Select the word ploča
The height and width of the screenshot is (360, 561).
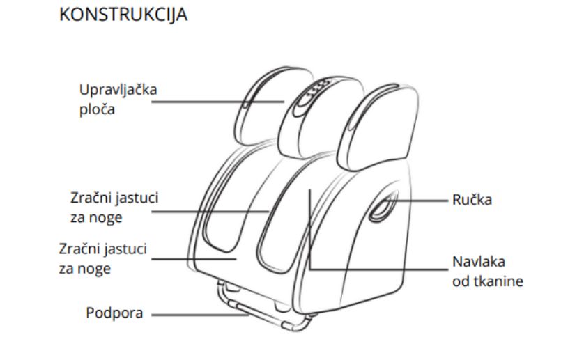pyautogui.click(x=96, y=110)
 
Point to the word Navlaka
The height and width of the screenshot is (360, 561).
pyautogui.click(x=479, y=263)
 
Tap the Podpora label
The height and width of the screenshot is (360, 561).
pyautogui.click(x=115, y=312)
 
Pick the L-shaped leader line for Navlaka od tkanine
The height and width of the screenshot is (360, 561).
pyautogui.click(x=376, y=269)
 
